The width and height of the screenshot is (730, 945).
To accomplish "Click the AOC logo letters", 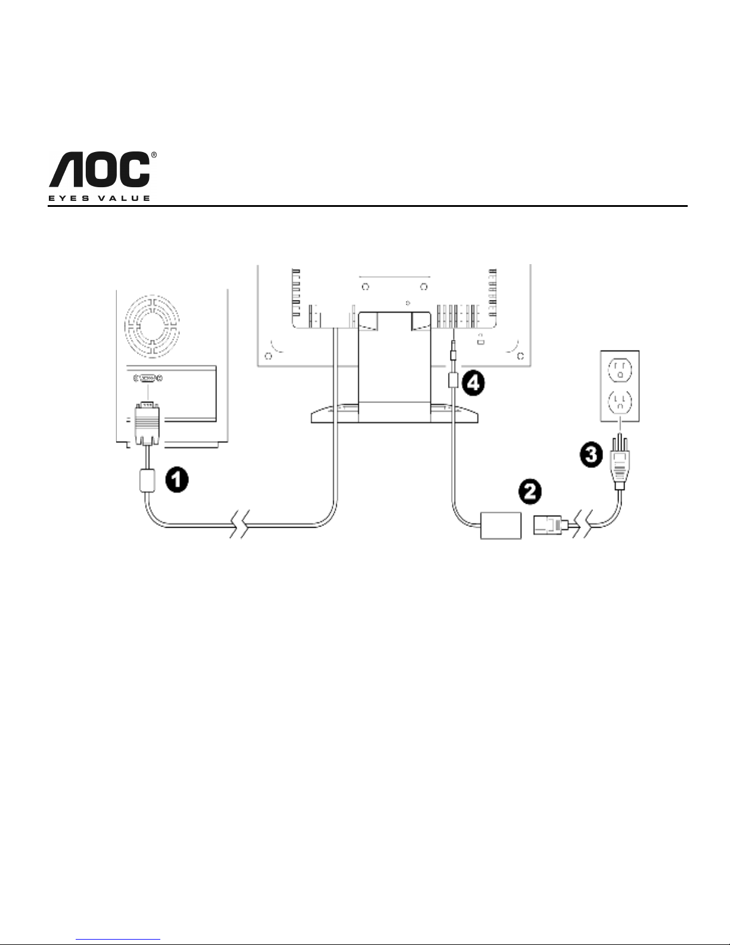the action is point(100,169).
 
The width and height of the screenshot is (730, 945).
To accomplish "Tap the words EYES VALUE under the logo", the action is point(99,199).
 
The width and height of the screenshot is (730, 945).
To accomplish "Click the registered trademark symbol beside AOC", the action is point(154,155).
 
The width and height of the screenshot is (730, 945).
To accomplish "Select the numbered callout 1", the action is point(176,480).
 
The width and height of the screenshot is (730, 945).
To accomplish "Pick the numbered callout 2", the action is point(530,492).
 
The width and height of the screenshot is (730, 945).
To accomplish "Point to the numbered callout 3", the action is point(591,456).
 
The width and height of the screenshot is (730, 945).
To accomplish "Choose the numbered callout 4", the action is point(473,383).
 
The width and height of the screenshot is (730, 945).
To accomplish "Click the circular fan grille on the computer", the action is point(152,326).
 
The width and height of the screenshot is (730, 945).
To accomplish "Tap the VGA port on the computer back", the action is point(148,379).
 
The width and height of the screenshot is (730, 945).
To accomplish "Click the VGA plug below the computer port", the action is point(147,423).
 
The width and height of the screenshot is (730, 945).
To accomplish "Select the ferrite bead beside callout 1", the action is point(147,480).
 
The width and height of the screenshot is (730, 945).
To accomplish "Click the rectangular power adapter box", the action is point(501,525).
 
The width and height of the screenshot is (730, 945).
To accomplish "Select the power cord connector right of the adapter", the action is point(551,526).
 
